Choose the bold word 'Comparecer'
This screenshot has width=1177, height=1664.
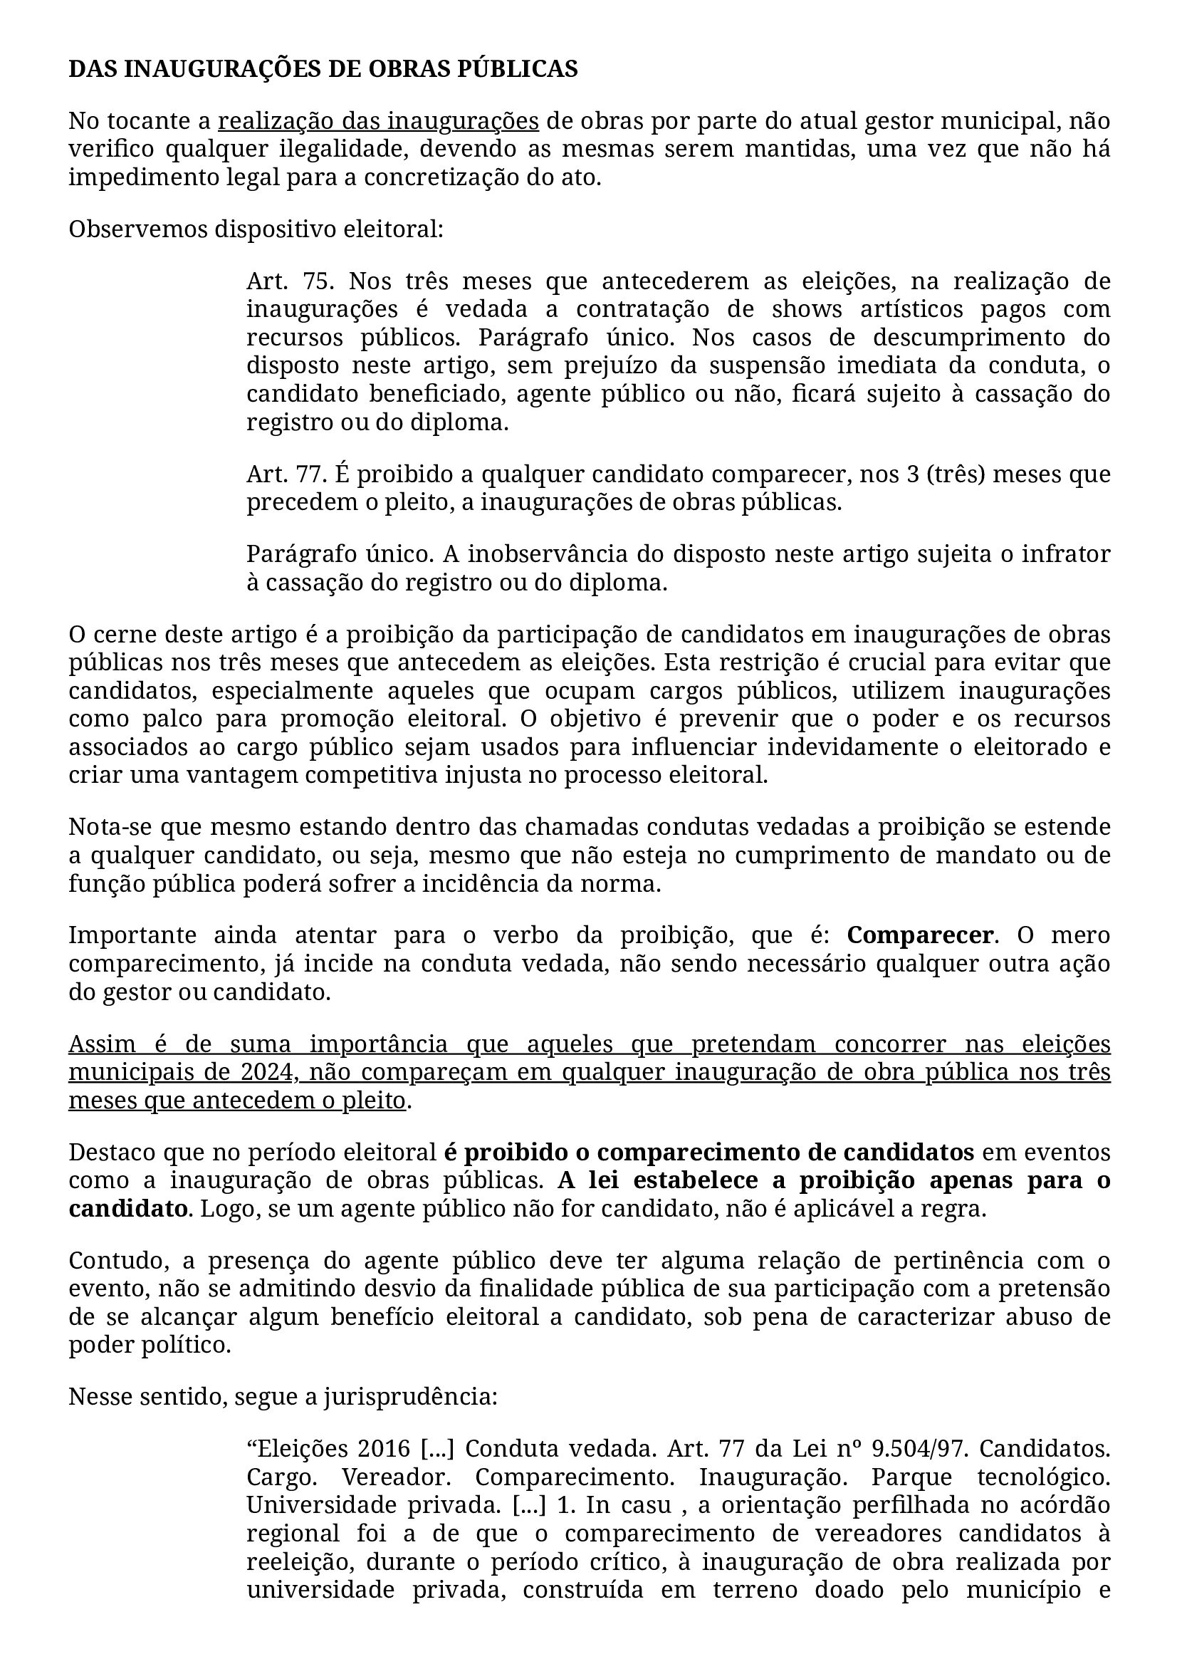pyautogui.click(x=920, y=937)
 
